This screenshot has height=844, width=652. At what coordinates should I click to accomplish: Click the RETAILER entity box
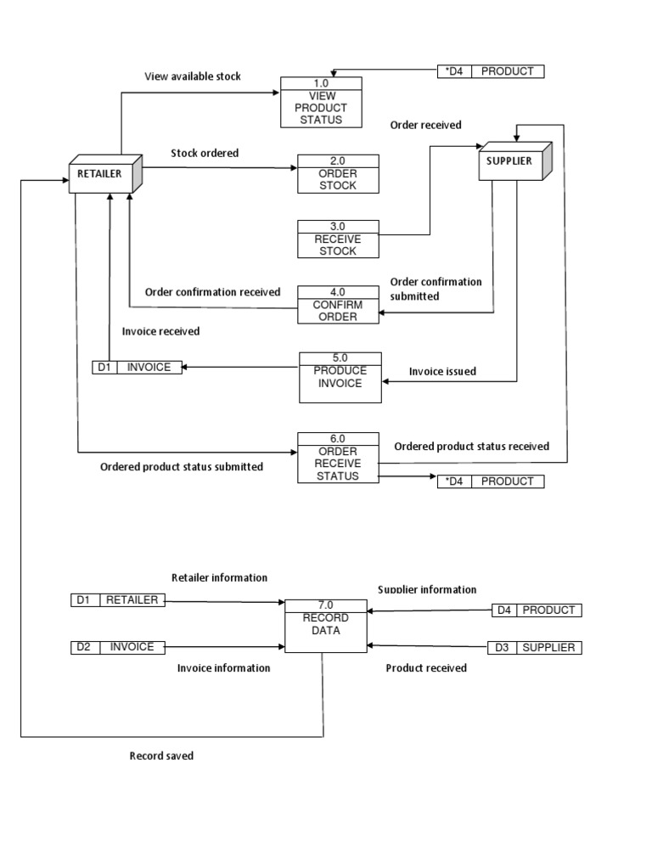tap(101, 174)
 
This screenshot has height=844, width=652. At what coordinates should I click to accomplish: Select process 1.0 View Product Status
tap(321, 102)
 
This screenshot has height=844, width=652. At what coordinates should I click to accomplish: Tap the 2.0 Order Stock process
tap(338, 173)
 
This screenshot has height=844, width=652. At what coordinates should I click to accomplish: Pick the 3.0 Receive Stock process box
tap(338, 239)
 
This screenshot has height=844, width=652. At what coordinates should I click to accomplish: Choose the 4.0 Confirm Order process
tap(338, 304)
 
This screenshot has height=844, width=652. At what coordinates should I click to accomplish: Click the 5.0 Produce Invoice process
tap(340, 377)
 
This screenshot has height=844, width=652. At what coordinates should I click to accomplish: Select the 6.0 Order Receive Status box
tap(338, 458)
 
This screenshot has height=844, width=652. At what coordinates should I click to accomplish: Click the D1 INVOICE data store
tap(137, 368)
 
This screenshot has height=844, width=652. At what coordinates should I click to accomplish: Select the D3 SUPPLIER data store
tap(535, 648)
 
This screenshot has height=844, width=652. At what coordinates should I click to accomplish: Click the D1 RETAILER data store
tap(118, 600)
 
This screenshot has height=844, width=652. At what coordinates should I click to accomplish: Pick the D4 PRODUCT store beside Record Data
tap(537, 610)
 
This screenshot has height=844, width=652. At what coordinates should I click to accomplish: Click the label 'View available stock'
tap(193, 76)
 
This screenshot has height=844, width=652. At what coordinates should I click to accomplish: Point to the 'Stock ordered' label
tap(205, 154)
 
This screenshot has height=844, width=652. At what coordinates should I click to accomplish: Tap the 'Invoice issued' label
tap(442, 371)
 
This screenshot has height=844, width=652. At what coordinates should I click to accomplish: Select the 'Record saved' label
tap(161, 756)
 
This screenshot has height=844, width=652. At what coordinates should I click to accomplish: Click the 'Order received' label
tap(425, 125)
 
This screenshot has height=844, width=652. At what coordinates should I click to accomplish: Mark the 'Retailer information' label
tap(219, 577)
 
